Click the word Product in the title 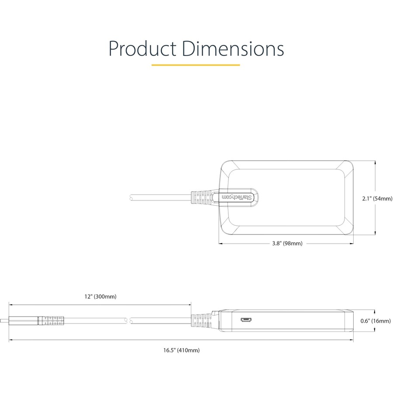pyautogui.click(x=142, y=48)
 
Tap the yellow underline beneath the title pyautogui.click(x=196, y=65)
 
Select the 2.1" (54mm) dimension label pyautogui.click(x=377, y=199)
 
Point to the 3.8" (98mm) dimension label pyautogui.click(x=287, y=243)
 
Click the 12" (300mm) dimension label pyautogui.click(x=100, y=296)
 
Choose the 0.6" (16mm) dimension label pyautogui.click(x=376, y=321)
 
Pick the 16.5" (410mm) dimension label pyautogui.click(x=182, y=350)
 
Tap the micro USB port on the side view pyautogui.click(x=246, y=320)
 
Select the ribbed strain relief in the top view pyautogui.click(x=201, y=197)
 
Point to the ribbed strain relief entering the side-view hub pyautogui.click(x=201, y=321)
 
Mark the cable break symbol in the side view pyautogui.click(x=130, y=321)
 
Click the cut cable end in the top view pyautogui.click(x=131, y=197)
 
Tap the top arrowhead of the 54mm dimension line pyautogui.click(x=375, y=163)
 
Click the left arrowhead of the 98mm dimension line pyautogui.click(x=221, y=243)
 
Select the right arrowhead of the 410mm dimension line pyautogui.click(x=352, y=340)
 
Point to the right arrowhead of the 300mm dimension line pyautogui.click(x=189, y=305)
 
